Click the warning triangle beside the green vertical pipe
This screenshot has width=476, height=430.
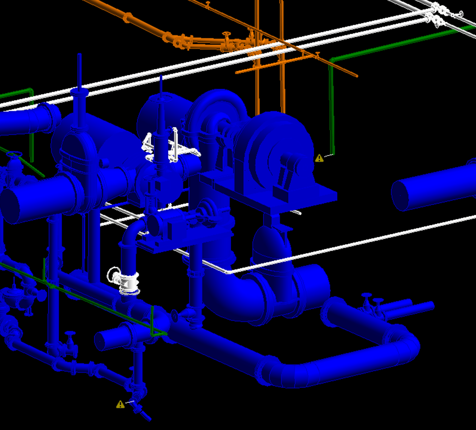click(x=319, y=158)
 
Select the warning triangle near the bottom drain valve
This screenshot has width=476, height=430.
click(x=120, y=404)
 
